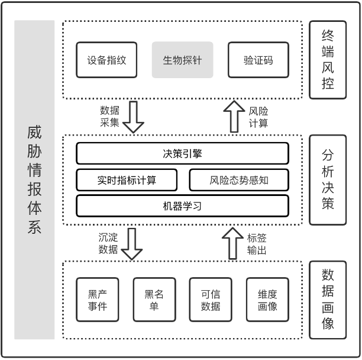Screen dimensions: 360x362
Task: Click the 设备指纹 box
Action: click(x=106, y=60)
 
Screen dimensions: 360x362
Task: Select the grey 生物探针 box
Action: click(x=182, y=60)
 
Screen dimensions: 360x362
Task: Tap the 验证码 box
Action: click(x=258, y=60)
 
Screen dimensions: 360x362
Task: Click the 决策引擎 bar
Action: click(x=182, y=153)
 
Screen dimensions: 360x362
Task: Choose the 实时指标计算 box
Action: click(x=127, y=180)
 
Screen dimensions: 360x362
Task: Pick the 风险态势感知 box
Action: click(x=239, y=180)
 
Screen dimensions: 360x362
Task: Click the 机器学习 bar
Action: click(x=182, y=205)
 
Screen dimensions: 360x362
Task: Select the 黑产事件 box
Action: click(x=97, y=300)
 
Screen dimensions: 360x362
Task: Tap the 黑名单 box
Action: click(x=154, y=300)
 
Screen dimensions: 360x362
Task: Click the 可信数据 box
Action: click(x=211, y=300)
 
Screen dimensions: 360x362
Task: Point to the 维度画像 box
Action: click(x=267, y=300)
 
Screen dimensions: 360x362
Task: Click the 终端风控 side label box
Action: click(x=328, y=60)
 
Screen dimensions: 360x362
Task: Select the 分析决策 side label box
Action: click(x=328, y=180)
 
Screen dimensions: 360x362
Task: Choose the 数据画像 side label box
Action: click(x=328, y=300)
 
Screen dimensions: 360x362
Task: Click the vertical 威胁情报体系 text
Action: click(x=34, y=180)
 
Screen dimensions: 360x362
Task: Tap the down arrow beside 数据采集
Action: click(x=133, y=117)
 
